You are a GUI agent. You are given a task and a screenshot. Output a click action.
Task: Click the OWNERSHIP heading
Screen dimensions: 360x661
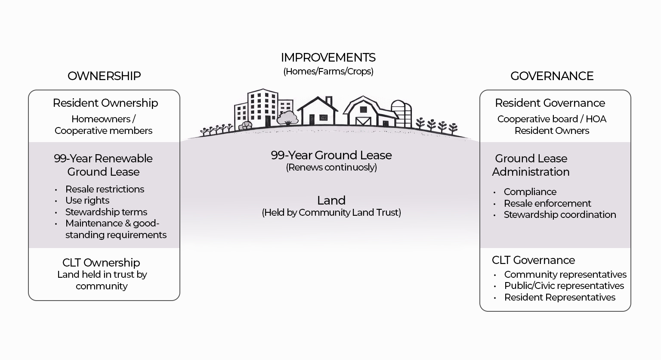(104, 76)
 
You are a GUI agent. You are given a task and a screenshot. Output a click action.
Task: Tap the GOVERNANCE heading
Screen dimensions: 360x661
(552, 76)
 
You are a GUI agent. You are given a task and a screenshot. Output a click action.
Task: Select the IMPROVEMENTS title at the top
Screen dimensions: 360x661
(328, 57)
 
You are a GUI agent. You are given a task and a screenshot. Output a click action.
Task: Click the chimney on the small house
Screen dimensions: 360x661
(329, 101)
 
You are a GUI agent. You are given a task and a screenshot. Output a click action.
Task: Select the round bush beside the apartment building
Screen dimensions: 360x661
(287, 117)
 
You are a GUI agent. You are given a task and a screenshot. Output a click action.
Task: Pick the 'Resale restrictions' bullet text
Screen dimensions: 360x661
(105, 189)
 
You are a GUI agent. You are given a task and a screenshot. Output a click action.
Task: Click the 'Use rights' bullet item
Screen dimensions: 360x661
(87, 200)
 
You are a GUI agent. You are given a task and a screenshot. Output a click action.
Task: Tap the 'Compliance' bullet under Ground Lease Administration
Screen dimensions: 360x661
(530, 192)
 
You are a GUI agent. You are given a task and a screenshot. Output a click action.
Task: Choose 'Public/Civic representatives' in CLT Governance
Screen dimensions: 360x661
(564, 286)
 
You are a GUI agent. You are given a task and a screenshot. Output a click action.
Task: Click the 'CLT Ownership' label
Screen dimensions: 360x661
(101, 262)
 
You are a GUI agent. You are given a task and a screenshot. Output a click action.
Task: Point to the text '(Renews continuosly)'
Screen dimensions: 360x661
(331, 167)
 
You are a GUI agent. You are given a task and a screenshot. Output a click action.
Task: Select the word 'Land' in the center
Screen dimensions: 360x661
(331, 200)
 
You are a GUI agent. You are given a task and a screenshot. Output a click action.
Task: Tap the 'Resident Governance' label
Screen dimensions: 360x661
(550, 103)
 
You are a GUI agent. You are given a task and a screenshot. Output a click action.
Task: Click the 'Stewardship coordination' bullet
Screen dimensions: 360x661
(559, 214)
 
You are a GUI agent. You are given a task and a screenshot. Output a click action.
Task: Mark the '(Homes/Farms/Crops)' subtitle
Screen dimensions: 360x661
(328, 71)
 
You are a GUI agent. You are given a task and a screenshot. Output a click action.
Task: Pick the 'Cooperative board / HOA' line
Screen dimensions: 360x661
(552, 119)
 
